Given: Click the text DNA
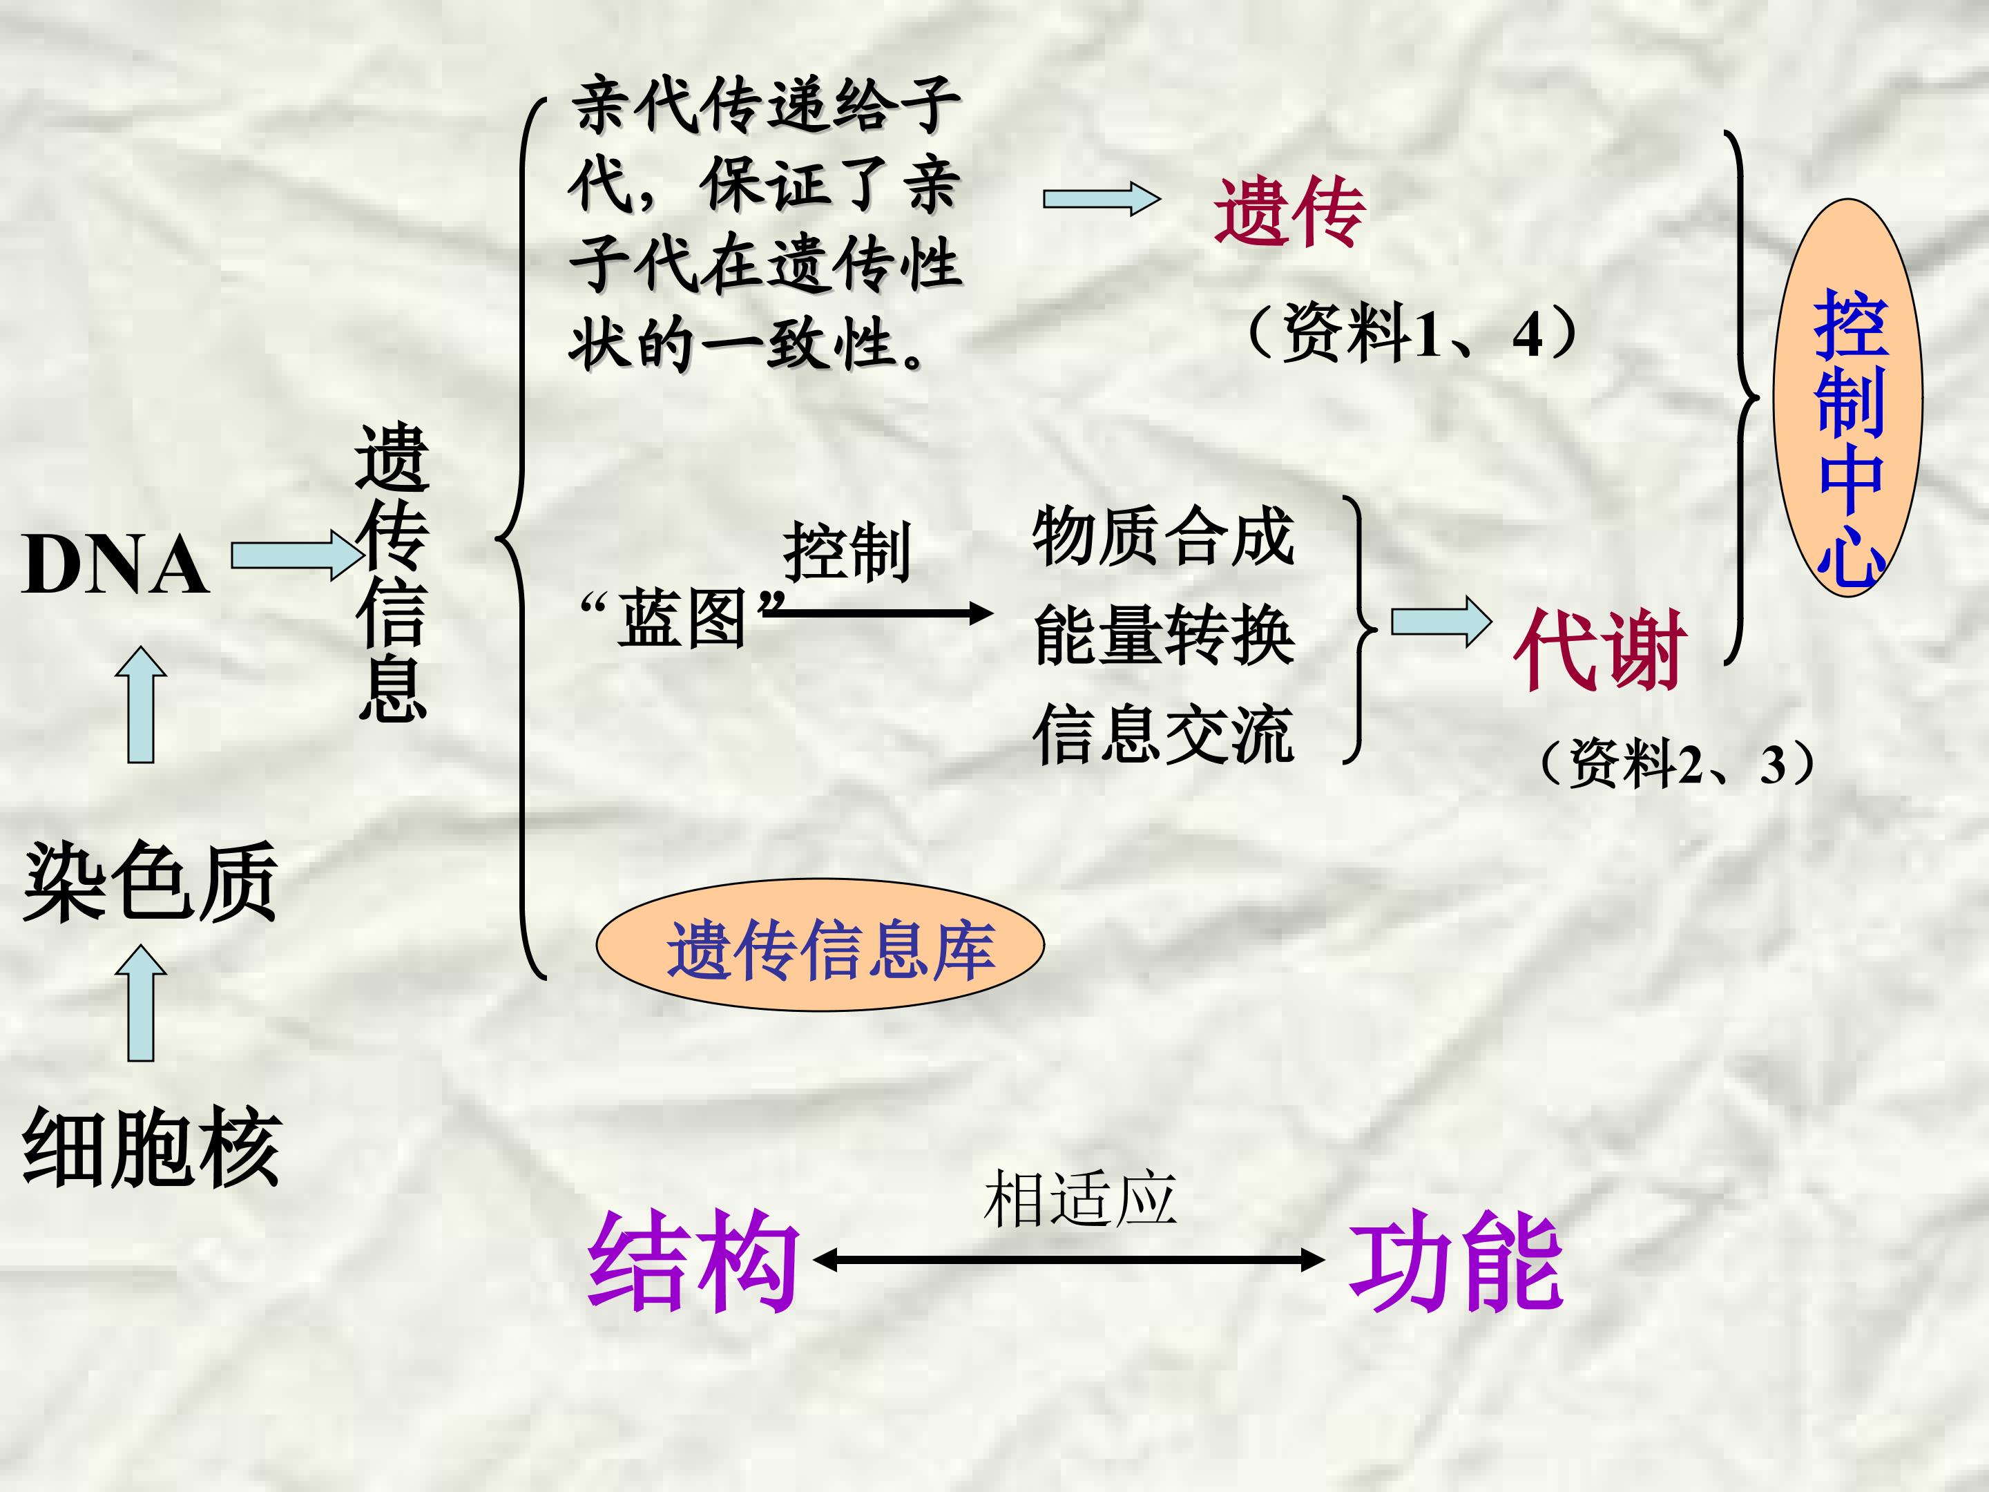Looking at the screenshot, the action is coord(116,565).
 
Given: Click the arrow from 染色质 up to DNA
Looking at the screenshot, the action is coord(141,704).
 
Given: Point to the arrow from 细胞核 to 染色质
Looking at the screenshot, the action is coord(141,1003).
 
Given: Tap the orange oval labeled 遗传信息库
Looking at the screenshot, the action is coord(820,945).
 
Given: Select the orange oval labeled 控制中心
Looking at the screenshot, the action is coord(1848,397).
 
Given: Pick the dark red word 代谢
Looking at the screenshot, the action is coord(1598,649).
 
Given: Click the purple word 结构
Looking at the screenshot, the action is coord(693,1261).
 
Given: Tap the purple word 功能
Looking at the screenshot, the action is coord(1456,1261).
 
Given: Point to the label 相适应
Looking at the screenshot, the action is coord(1080,1199).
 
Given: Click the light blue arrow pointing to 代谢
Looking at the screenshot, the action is coord(1441,622).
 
